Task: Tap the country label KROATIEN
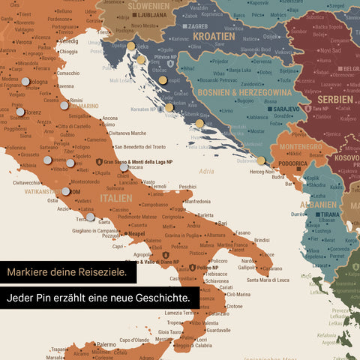(x=214, y=35)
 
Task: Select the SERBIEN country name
(x=334, y=99)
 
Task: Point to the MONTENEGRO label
(x=300, y=147)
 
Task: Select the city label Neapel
(x=136, y=233)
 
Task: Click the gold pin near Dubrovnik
(x=260, y=160)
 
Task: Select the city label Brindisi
(x=261, y=240)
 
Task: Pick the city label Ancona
(x=109, y=118)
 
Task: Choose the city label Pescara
(x=134, y=167)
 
